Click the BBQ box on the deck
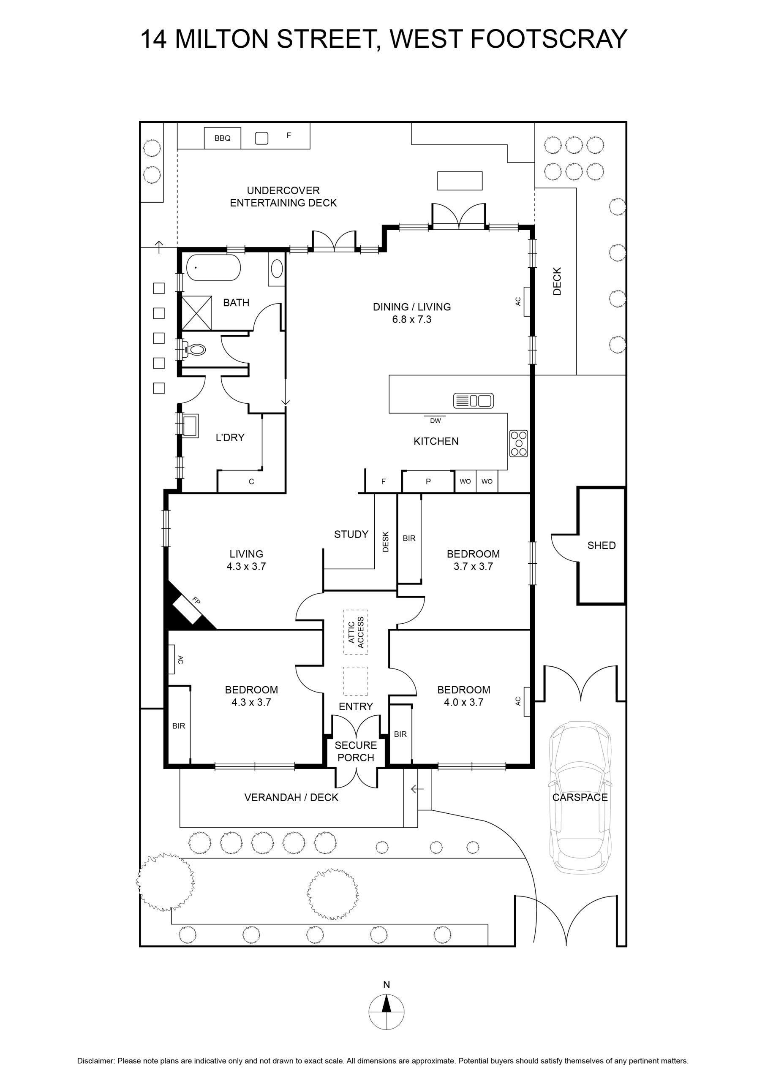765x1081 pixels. (222, 138)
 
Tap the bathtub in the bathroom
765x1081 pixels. (213, 267)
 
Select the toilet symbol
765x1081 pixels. (195, 349)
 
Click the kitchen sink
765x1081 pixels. (474, 401)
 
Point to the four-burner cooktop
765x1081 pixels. (519, 443)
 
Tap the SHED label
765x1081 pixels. (602, 545)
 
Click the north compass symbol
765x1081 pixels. (386, 1012)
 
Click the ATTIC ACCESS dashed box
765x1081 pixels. (356, 632)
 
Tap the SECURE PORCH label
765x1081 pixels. (356, 752)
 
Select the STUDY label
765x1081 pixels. (351, 535)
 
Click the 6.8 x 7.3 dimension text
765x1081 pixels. (412, 319)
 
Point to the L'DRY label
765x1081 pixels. (230, 437)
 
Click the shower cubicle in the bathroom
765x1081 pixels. (196, 313)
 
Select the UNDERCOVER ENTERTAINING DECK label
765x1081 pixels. (283, 197)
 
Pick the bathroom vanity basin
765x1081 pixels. (277, 269)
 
